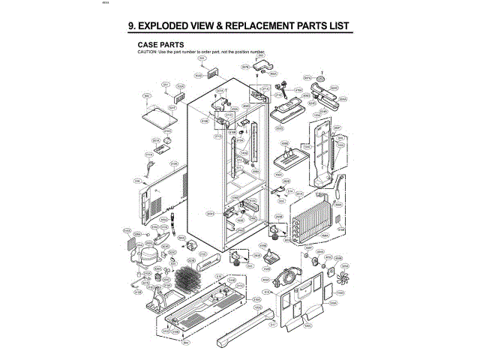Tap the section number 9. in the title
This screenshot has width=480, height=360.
pyautogui.click(x=133, y=26)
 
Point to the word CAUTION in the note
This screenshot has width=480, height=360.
pyautogui.click(x=146, y=52)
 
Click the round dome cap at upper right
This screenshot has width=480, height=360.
pyautogui.click(x=321, y=78)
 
